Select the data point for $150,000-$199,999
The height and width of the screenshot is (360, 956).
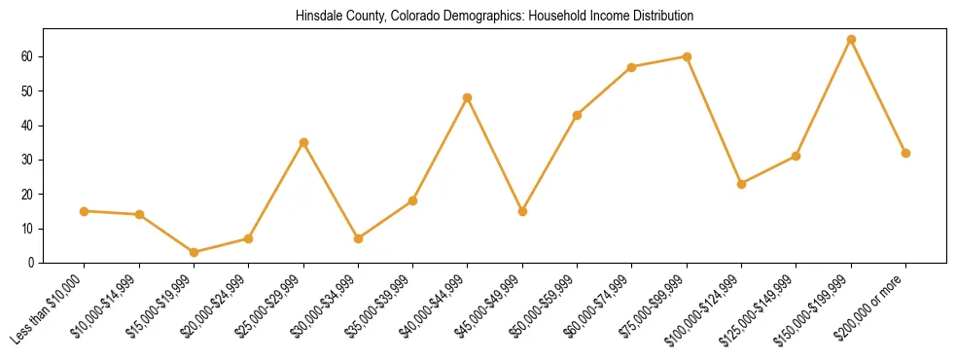point(851,40)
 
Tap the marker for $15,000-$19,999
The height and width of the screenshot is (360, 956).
point(194,252)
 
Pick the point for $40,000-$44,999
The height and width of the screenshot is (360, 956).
point(468,97)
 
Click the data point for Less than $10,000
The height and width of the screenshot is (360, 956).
point(85,211)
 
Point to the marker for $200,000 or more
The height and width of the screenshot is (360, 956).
point(905,153)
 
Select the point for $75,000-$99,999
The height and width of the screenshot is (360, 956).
point(687,56)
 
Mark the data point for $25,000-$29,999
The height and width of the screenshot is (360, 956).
point(303,142)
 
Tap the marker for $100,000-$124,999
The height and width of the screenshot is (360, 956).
point(741,184)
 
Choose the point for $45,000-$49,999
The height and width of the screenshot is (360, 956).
point(522,211)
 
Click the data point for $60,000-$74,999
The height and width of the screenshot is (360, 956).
point(632,67)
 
